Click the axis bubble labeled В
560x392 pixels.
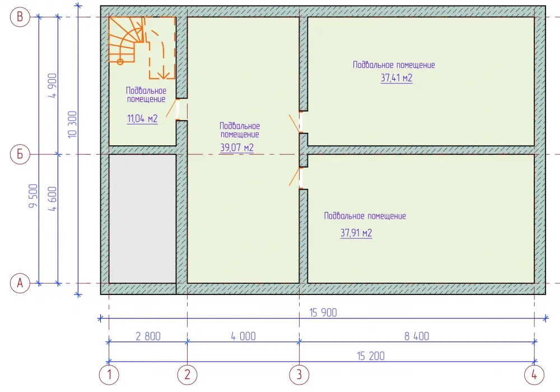[x=20, y=17]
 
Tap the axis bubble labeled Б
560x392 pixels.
[x=20, y=154]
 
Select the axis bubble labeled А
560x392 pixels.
[x=20, y=283]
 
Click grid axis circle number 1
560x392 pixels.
[x=109, y=375]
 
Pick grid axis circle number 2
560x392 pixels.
[x=187, y=375]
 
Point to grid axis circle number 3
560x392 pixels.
[x=299, y=375]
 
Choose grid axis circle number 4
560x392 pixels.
[x=534, y=375]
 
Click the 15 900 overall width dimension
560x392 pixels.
[x=323, y=312]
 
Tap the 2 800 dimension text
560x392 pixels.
[x=148, y=336]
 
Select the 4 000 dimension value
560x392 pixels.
[x=243, y=336]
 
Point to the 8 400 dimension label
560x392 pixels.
[x=417, y=336]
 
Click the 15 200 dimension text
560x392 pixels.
[x=371, y=356]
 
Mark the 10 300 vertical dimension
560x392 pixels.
[x=72, y=124]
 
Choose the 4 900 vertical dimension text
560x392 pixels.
[x=53, y=85]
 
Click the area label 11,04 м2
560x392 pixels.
[x=142, y=118]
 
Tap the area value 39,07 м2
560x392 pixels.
[x=237, y=147]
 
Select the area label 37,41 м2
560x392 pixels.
[x=396, y=77]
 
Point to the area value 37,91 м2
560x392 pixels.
[x=356, y=233]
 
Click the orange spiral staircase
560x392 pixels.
[x=125, y=40]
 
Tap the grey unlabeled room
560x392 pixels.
[x=142, y=219]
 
